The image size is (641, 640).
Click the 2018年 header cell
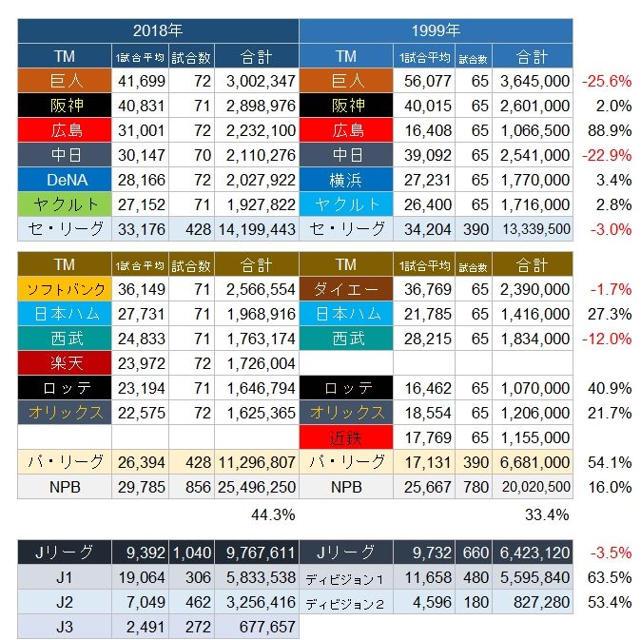point(158,30)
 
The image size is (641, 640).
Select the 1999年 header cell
point(436,30)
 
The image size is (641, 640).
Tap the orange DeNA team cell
point(65,180)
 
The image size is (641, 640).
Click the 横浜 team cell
point(346,180)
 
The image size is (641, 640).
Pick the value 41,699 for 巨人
point(141,81)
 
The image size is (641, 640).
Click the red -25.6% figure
point(606,81)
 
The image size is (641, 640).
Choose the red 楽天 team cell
point(65,363)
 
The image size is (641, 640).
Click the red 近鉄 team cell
point(346,437)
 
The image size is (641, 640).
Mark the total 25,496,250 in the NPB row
point(256,487)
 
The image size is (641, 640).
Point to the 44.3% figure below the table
point(271,514)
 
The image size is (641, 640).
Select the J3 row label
point(65,626)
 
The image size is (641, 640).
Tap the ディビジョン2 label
point(346,602)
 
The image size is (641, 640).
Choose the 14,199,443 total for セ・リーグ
point(256,229)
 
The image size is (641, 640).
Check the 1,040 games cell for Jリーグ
point(191,553)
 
